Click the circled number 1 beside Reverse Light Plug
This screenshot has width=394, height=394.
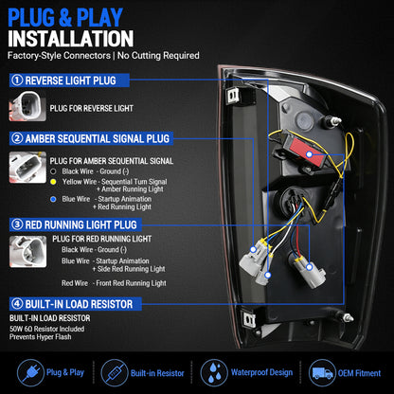(x=17, y=81)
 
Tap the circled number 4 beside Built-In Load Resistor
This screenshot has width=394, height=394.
(x=17, y=304)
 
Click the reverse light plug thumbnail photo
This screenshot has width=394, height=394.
(x=27, y=106)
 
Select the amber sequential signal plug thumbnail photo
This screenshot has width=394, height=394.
(x=27, y=167)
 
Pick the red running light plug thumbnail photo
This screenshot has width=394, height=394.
(x=27, y=252)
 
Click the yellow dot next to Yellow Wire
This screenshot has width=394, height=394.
(x=53, y=182)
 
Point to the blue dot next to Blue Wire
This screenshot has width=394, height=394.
(x=53, y=199)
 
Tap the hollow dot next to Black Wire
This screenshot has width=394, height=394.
(x=53, y=171)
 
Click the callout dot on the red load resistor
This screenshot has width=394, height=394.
(x=310, y=154)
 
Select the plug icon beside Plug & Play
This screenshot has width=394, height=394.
(x=30, y=373)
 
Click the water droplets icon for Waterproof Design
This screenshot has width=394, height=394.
(x=214, y=373)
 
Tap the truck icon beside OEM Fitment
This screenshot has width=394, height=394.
(x=322, y=373)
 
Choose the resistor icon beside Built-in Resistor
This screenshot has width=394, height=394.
(x=115, y=373)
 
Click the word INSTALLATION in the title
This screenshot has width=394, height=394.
(x=71, y=39)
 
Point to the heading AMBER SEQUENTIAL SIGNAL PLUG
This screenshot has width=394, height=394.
(x=98, y=138)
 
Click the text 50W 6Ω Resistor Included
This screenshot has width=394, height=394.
(x=47, y=329)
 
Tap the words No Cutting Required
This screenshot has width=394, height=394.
(x=158, y=56)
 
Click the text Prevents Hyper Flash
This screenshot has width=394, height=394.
(x=41, y=337)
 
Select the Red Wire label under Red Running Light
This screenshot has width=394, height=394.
(x=75, y=283)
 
